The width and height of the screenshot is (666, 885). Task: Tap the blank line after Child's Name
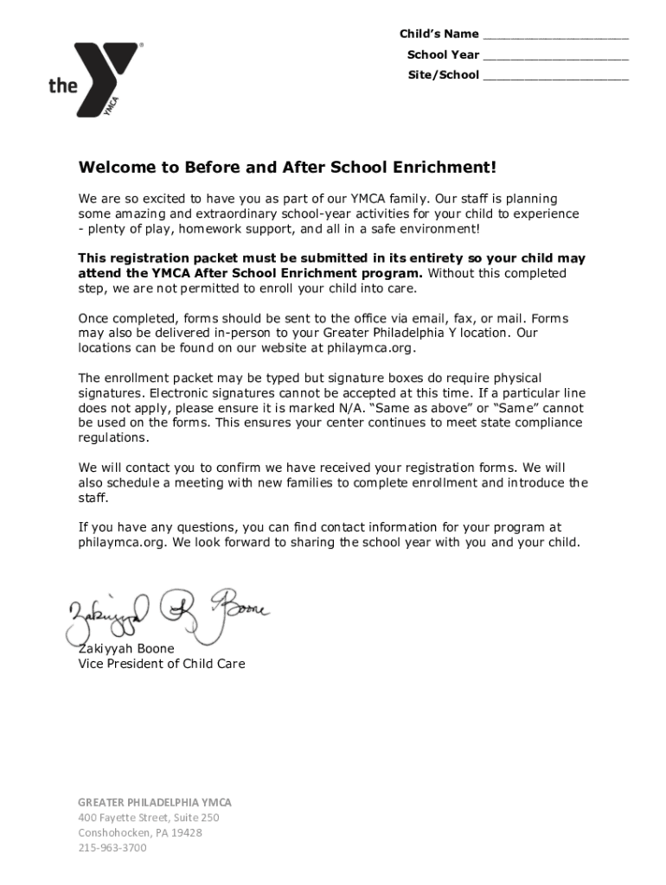[x=555, y=36]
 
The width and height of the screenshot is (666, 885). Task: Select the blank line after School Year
[x=555, y=56]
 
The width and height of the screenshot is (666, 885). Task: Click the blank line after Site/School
[x=555, y=76]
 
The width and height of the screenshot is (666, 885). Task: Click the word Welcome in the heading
[x=116, y=167]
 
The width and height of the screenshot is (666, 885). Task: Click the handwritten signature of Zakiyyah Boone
[x=164, y=615]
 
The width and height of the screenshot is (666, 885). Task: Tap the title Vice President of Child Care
[x=162, y=664]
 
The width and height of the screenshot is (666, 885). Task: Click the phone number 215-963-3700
[x=112, y=848]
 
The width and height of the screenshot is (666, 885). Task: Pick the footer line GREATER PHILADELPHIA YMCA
[x=155, y=802]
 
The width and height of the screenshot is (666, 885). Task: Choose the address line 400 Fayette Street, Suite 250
[x=149, y=818]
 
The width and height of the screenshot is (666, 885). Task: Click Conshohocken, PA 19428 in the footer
[x=140, y=832]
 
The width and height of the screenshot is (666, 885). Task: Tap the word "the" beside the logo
[x=62, y=85]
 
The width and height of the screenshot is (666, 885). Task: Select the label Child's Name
[x=439, y=35]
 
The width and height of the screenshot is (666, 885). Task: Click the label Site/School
[x=443, y=75]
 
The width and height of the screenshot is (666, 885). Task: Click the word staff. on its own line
[x=93, y=498]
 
